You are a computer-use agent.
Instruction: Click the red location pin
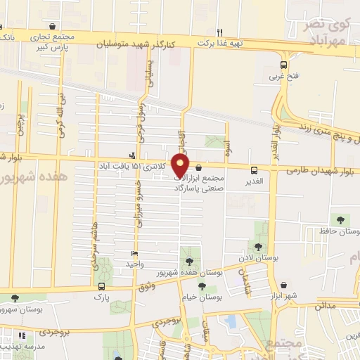181,165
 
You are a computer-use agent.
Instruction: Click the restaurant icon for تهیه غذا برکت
219,32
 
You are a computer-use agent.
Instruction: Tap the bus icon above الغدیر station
254,169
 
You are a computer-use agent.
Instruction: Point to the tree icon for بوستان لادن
259,247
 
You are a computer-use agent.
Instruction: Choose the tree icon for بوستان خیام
203,286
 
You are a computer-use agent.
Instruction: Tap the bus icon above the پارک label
102,286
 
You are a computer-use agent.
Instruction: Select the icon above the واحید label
134,253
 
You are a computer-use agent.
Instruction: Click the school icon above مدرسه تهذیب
22,337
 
